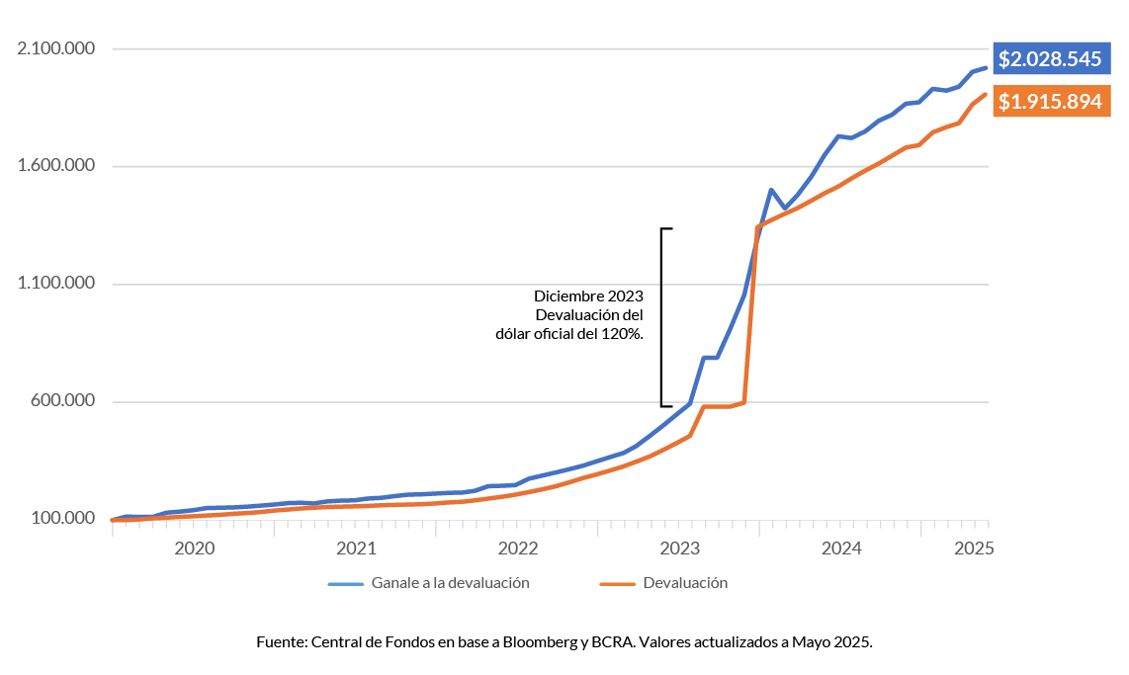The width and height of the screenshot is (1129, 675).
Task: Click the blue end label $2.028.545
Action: pos(1049,59)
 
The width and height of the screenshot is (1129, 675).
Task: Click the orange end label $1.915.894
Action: pos(1049,101)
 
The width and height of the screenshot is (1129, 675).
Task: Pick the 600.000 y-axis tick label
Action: pos(61,401)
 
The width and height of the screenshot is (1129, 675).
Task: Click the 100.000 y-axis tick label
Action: pos(61,519)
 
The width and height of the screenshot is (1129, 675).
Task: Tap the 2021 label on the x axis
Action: pos(355,548)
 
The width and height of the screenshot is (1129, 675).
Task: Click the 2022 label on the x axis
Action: pos(517,548)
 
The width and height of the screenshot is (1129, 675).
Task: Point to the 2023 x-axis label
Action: pos(679,548)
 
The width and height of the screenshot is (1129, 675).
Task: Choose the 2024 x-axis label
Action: pos(840,548)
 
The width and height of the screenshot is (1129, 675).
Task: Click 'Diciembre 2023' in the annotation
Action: pos(588,295)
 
